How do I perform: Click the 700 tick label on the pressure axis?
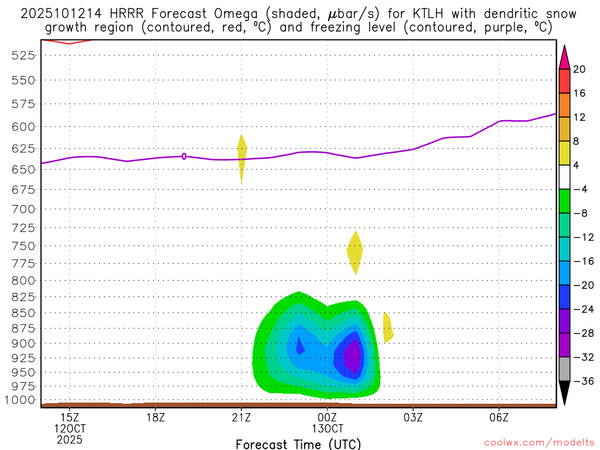[x=24, y=209]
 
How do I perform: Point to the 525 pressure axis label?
[x=24, y=55]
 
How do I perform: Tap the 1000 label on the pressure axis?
[x=21, y=400]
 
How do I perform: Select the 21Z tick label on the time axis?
[x=241, y=418]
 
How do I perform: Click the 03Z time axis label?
[x=413, y=418]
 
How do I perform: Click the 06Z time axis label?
[x=499, y=418]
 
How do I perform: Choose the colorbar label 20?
[x=579, y=69]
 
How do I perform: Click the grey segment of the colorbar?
[x=564, y=369]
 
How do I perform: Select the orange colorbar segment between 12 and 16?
[x=564, y=105]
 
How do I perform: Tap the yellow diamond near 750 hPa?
[x=354, y=251]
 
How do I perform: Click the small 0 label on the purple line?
[x=184, y=156]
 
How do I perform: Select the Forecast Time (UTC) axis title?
[x=298, y=444]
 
